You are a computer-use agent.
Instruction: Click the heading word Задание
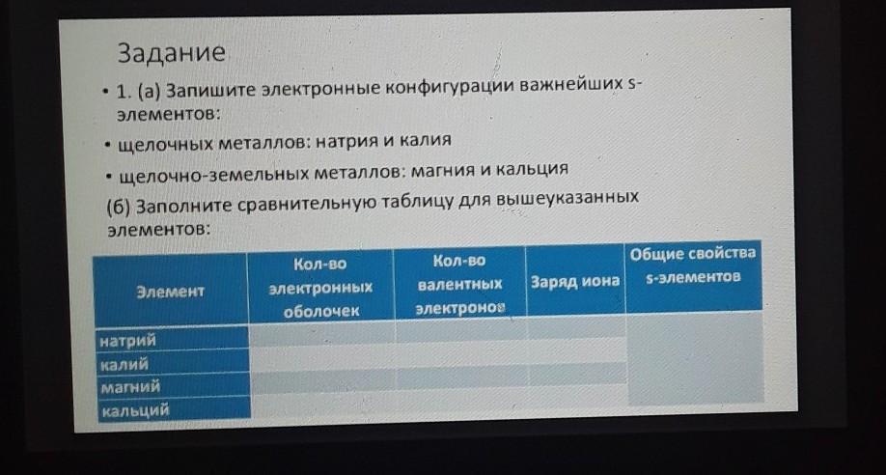pyautogui.click(x=171, y=53)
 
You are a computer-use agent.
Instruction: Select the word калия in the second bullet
pyautogui.click(x=425, y=139)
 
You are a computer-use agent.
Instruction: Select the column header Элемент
pyautogui.click(x=170, y=292)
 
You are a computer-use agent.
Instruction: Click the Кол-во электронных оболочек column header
pyautogui.click(x=320, y=288)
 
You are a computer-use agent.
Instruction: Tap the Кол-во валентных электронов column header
pyautogui.click(x=460, y=285)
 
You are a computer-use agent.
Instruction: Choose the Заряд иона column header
pyautogui.click(x=574, y=281)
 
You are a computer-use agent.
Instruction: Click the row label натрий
pyautogui.click(x=127, y=342)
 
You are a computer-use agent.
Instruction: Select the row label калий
pyautogui.click(x=124, y=365)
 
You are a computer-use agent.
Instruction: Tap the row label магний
pyautogui.click(x=130, y=387)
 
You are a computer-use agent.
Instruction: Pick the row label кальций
pyautogui.click(x=135, y=410)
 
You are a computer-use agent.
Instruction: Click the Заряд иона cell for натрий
pyautogui.click(x=576, y=327)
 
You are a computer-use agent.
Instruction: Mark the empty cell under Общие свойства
pyautogui.click(x=695, y=358)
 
